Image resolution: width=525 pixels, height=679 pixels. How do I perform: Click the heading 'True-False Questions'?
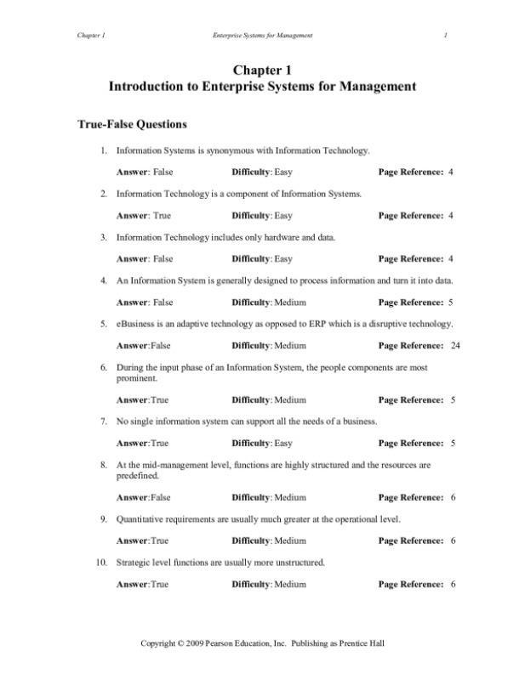pyautogui.click(x=132, y=124)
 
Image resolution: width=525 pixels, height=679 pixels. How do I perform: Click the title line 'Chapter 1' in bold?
pyautogui.click(x=262, y=71)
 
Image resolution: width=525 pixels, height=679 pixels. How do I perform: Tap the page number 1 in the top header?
pyautogui.click(x=445, y=35)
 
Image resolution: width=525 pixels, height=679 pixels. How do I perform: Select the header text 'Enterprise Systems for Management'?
pyautogui.click(x=262, y=35)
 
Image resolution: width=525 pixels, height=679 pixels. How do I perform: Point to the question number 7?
pyautogui.click(x=103, y=422)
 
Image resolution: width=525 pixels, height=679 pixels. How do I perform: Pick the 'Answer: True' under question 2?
pyautogui.click(x=143, y=216)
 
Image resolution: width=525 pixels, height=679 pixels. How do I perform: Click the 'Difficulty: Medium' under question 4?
pyautogui.click(x=268, y=303)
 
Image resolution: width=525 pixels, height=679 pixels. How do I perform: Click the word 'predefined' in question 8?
pyautogui.click(x=137, y=476)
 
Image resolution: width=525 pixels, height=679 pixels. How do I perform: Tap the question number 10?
pyautogui.click(x=100, y=563)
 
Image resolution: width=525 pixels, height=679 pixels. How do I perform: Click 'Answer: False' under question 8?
pyautogui.click(x=144, y=498)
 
